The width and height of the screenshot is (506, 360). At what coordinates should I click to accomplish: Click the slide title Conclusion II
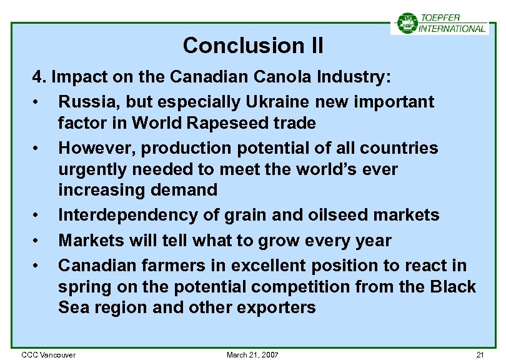coord(253,46)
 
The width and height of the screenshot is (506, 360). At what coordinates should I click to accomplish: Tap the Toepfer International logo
coord(440,23)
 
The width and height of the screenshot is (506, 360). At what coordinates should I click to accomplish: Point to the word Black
coord(454,287)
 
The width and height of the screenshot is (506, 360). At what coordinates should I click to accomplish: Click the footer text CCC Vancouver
coord(49,355)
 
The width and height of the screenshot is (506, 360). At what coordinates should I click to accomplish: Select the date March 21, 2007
coord(252,355)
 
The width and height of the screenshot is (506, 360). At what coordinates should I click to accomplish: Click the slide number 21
coord(480,355)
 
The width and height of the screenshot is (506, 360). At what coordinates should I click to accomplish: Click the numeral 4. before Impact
coord(39,77)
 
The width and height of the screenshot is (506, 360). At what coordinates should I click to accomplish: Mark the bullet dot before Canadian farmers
coord(39,266)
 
